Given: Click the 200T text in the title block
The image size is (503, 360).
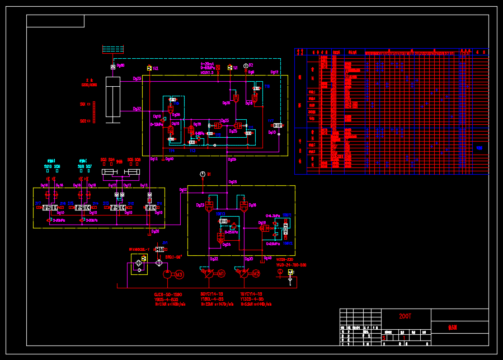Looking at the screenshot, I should click(405, 316).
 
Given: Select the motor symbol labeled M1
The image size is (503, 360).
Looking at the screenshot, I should click(221, 274).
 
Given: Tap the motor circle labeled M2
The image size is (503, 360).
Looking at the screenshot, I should click(256, 274).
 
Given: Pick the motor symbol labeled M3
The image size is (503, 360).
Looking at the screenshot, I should click(179, 274).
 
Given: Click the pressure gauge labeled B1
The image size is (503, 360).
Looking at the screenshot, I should click(203, 174).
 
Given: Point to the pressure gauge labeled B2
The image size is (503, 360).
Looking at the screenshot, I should click(243, 66).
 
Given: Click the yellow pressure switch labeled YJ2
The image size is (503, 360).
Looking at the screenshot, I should click(150, 68).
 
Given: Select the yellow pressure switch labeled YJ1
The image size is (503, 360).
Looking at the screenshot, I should click(230, 68).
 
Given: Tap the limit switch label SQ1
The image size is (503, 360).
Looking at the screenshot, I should click(83, 104).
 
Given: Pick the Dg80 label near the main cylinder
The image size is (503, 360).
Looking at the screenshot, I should click(121, 66).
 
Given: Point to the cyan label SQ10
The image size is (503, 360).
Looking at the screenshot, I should click(48, 166).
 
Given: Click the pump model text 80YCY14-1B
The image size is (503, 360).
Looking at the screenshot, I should click(211, 294).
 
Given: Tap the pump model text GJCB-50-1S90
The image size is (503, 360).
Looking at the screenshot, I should click(168, 294).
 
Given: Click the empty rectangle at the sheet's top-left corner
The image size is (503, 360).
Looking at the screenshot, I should click(55, 21).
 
